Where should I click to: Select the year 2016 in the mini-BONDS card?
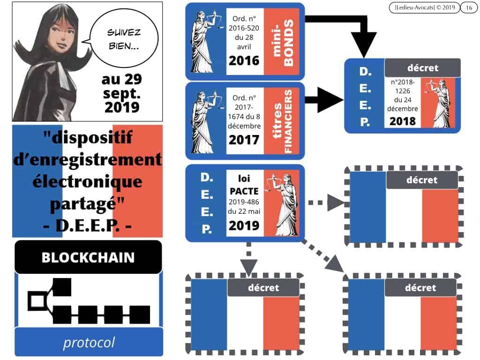[244, 60]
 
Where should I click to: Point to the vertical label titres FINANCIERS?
[282, 121]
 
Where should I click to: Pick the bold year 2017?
[244, 140]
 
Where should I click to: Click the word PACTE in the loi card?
[244, 191]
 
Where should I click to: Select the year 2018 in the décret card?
[403, 121]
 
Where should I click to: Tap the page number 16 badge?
[469, 7]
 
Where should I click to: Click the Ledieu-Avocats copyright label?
[425, 7]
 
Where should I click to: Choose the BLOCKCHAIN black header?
[88, 257]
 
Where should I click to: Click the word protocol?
[89, 343]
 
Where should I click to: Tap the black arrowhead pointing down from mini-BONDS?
[363, 45]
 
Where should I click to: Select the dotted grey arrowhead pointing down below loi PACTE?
[248, 267]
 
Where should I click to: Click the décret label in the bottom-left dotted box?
[263, 288]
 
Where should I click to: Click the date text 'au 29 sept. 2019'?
[122, 93]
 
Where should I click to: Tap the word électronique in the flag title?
[88, 182]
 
